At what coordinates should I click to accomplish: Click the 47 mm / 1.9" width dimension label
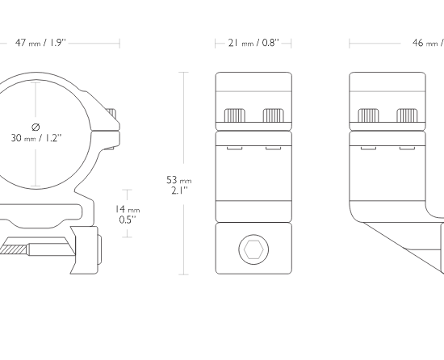(40, 43)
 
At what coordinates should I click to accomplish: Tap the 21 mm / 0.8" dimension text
(253, 43)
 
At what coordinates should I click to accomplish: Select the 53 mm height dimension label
(178, 185)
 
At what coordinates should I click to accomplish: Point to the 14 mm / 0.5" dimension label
(128, 214)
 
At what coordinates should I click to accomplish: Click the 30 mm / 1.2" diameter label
(36, 138)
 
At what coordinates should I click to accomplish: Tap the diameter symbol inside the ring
(36, 127)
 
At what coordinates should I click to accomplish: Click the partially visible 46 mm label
(428, 43)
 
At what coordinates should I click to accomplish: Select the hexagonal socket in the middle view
(253, 249)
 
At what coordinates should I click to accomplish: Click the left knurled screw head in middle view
(235, 115)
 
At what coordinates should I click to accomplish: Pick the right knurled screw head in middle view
(273, 115)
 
